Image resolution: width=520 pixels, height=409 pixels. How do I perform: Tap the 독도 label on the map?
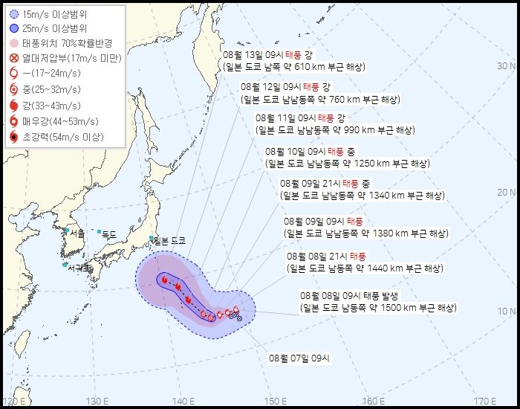108,234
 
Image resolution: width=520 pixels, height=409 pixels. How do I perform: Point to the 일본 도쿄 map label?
170,240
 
